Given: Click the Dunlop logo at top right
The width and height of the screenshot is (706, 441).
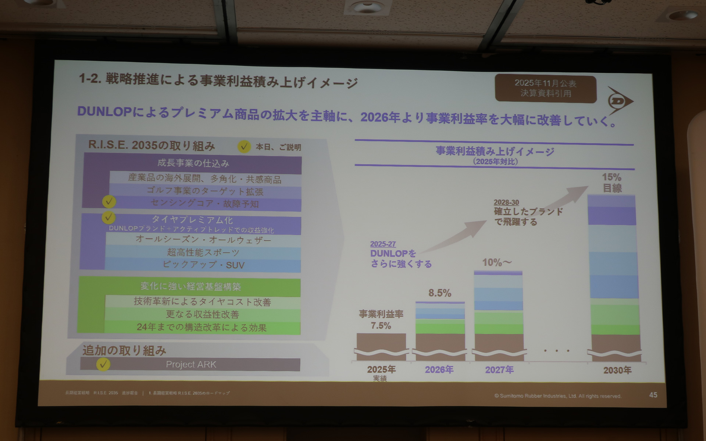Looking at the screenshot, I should (620, 101).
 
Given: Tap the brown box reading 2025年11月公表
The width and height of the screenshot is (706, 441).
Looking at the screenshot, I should (545, 89).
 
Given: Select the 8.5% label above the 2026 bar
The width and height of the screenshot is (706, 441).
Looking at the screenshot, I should (440, 293).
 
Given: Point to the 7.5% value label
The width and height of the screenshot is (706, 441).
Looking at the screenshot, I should (381, 326).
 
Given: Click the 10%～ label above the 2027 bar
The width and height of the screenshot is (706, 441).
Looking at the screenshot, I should (497, 262).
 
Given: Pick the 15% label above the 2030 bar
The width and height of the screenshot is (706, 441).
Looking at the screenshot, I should (611, 177).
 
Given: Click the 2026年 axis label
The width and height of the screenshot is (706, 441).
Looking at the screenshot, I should (439, 370).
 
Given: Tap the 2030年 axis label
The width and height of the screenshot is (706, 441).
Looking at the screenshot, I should (617, 370).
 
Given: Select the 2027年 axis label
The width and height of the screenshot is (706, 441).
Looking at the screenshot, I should (499, 370).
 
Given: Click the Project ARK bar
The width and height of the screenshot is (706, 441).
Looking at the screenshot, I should (191, 365).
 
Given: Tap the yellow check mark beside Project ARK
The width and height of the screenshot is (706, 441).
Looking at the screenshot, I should (103, 364).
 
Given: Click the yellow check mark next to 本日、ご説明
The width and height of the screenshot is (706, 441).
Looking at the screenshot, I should (244, 147).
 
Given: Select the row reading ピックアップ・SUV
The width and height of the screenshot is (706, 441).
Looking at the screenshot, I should (203, 265).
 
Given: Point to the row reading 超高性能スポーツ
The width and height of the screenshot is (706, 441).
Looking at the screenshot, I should (203, 252).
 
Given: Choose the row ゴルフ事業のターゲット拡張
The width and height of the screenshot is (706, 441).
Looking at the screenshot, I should (205, 191).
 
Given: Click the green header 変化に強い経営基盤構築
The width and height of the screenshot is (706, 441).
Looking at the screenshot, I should (190, 287).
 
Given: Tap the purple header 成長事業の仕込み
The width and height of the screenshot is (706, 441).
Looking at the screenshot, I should (193, 163).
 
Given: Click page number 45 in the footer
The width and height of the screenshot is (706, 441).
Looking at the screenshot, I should (653, 395).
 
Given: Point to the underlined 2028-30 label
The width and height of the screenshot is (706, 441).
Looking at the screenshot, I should (506, 202).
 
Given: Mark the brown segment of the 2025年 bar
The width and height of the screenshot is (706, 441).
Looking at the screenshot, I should (381, 342).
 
